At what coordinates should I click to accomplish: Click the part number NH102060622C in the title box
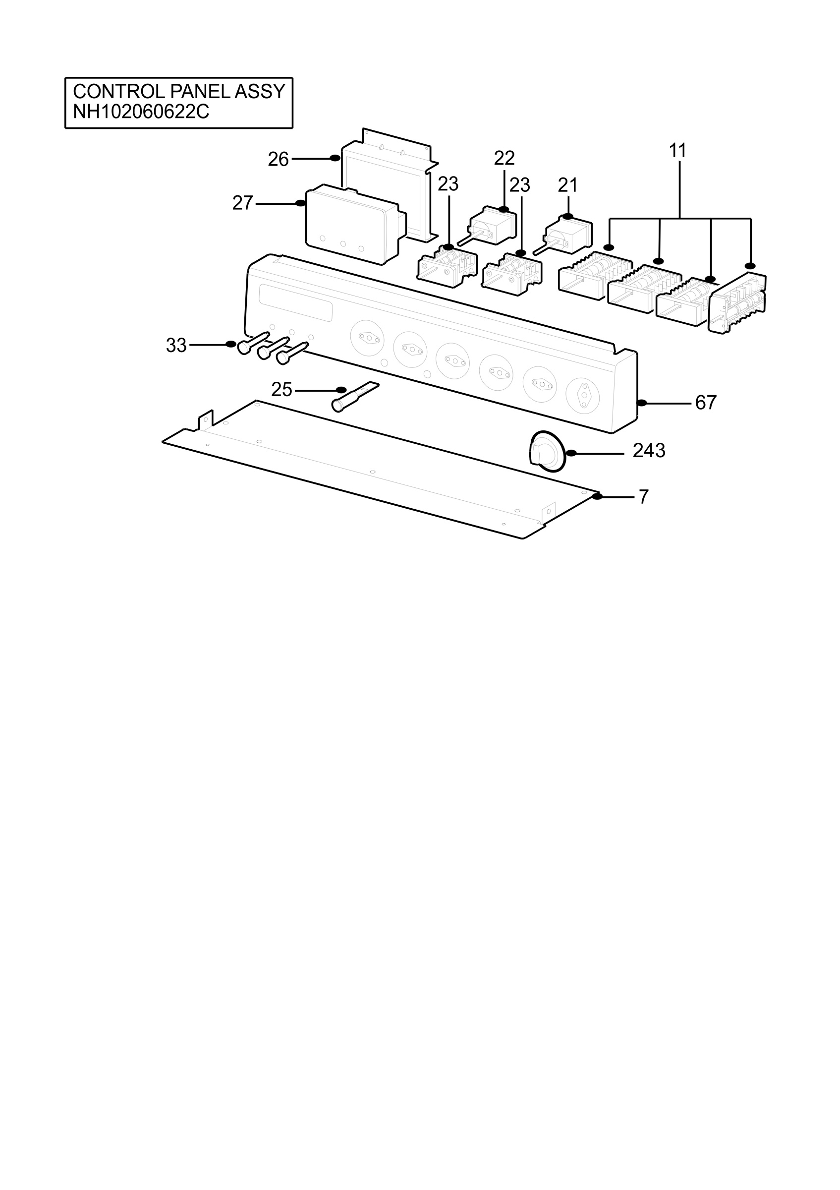click(x=141, y=112)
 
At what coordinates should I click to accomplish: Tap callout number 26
click(x=278, y=159)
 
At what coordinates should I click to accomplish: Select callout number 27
click(x=242, y=203)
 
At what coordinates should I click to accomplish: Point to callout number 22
click(x=504, y=158)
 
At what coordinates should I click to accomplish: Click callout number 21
click(x=567, y=185)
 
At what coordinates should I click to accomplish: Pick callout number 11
click(x=677, y=151)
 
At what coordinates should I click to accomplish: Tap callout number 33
click(x=176, y=345)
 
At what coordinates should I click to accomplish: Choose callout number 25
click(x=281, y=389)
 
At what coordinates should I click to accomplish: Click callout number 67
click(x=706, y=402)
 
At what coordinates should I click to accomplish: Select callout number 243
click(x=649, y=450)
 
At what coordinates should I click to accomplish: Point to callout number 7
click(x=644, y=496)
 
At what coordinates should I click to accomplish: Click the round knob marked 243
click(x=546, y=450)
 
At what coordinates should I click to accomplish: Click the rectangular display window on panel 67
click(x=296, y=302)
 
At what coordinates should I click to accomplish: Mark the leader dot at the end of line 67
click(x=642, y=403)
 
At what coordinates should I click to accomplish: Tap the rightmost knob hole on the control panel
click(x=583, y=396)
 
